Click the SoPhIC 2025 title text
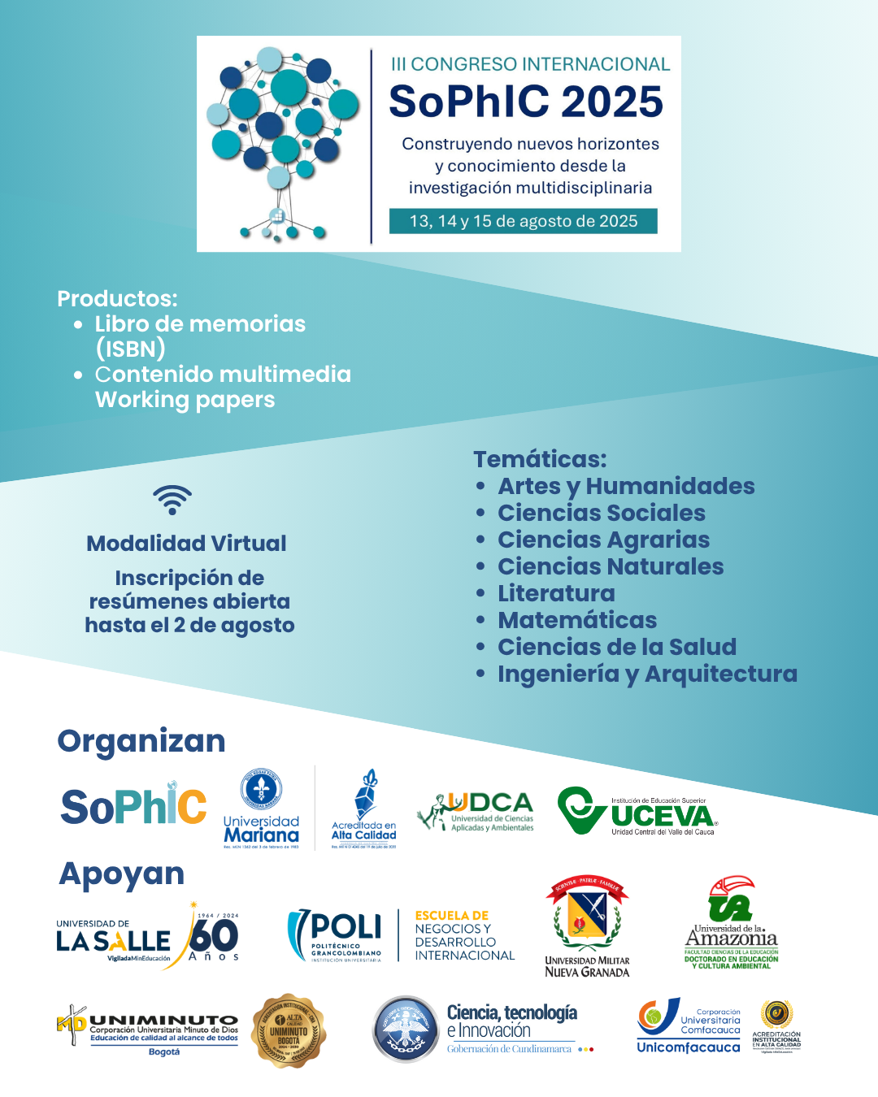[x=526, y=102]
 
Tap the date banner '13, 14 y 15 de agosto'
[x=523, y=221]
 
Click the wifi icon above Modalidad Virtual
[x=172, y=500]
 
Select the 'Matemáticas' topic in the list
[x=577, y=620]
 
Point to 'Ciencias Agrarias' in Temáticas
[x=603, y=540]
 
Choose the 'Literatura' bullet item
[x=556, y=593]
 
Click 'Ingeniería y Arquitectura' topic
[x=647, y=674]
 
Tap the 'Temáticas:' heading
[x=540, y=459]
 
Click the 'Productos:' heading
[x=117, y=298]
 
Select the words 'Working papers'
[x=185, y=400]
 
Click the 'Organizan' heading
[x=141, y=741]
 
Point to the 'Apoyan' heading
[x=122, y=874]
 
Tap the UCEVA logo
[x=637, y=811]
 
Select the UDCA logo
[x=476, y=811]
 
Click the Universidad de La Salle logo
[x=147, y=936]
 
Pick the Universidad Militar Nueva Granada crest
[x=587, y=926]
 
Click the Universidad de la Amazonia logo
[x=732, y=923]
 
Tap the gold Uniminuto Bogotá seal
[x=289, y=1030]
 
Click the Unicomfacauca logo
[x=689, y=1027]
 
